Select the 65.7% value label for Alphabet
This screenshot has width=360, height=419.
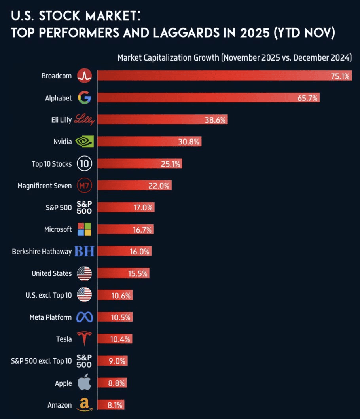(x=308, y=98)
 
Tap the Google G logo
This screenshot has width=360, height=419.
(x=84, y=98)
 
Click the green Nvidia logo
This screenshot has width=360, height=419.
(x=84, y=142)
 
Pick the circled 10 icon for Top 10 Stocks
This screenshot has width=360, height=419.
(x=84, y=163)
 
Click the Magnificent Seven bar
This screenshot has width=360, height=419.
(x=135, y=186)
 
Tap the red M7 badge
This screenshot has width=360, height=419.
(x=84, y=186)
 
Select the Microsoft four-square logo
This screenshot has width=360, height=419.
(x=84, y=229)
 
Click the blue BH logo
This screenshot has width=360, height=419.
(x=84, y=251)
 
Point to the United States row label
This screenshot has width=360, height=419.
(x=52, y=273)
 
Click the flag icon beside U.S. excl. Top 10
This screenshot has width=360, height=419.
(x=84, y=295)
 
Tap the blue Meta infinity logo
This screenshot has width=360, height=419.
(x=84, y=317)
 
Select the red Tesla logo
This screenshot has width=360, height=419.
(x=84, y=339)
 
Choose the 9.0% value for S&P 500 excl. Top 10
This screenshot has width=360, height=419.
(x=117, y=361)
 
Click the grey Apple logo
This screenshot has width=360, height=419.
(x=84, y=383)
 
